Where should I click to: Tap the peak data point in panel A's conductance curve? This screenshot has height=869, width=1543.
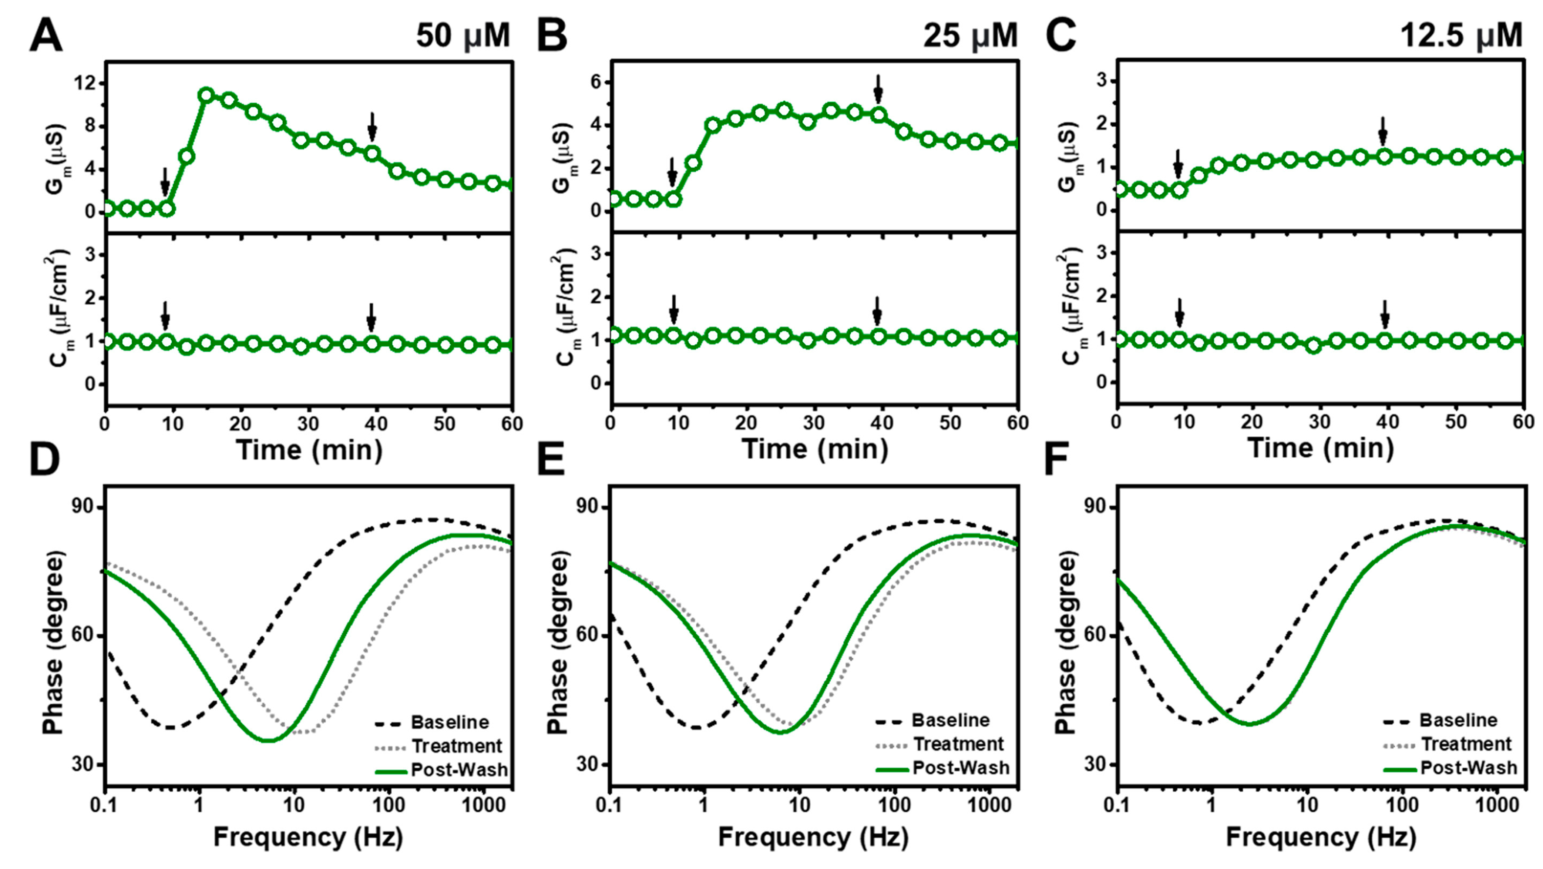tap(206, 95)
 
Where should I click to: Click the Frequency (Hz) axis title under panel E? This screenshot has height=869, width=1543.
tap(813, 837)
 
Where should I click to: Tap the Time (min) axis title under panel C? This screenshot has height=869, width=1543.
tap(1321, 448)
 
